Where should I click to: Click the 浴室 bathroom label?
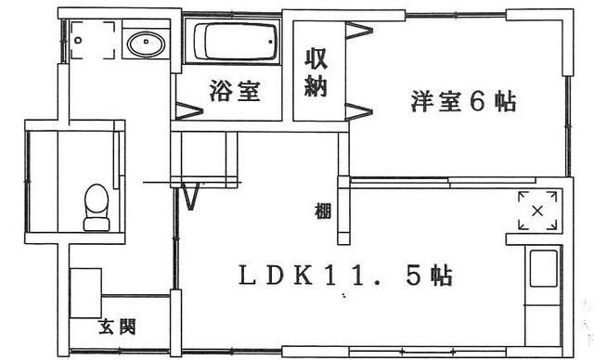235,91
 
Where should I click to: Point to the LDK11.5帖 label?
346,276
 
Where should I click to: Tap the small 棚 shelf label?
321,211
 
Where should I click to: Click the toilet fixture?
96,207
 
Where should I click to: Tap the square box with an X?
536,211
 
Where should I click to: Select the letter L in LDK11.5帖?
248,276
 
